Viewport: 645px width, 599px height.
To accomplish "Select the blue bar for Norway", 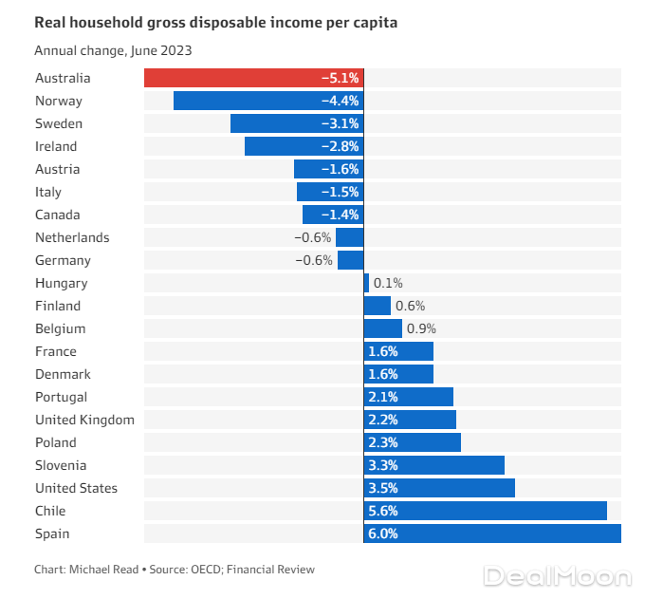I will (267, 101).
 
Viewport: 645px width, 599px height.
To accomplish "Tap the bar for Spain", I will (492, 533).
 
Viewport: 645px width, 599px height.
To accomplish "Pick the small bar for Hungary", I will (366, 283).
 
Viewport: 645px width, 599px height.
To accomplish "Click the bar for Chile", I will (485, 511).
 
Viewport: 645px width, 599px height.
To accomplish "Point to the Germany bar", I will (350, 260).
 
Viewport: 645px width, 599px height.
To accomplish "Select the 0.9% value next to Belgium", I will (422, 328).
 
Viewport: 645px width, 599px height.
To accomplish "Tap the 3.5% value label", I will (382, 488).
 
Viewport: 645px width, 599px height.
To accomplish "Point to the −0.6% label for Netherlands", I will (313, 237).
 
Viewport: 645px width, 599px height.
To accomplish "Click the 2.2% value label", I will (382, 420).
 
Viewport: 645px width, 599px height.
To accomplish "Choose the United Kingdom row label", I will (84, 420).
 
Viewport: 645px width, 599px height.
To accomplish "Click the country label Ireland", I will (56, 146).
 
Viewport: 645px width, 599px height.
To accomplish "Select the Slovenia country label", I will (61, 465).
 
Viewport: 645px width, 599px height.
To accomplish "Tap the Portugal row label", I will (61, 397).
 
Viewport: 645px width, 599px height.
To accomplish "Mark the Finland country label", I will (58, 306).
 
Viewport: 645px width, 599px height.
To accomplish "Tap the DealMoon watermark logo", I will (556, 576).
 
